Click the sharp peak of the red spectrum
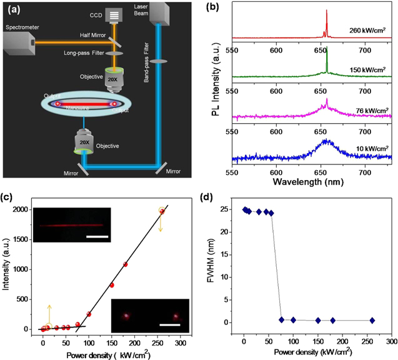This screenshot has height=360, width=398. [327, 11]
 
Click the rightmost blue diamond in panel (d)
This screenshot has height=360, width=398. [372, 321]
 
